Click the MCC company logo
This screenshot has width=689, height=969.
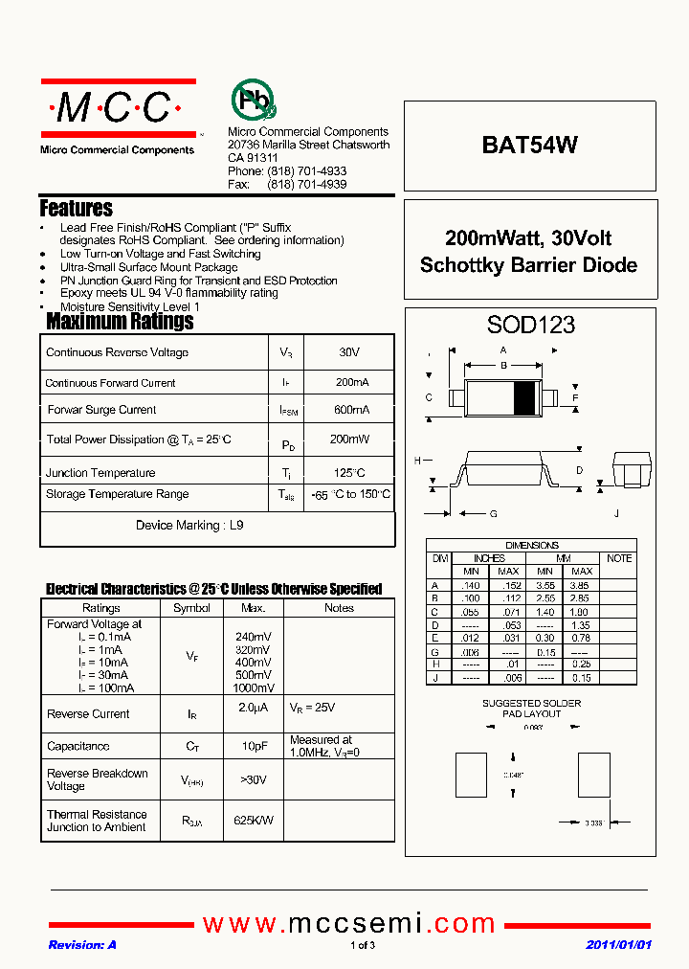pos(118,108)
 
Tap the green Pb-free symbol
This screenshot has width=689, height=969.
pos(253,100)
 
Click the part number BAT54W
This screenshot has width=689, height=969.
pos(529,146)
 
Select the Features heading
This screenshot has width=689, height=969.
pos(76,208)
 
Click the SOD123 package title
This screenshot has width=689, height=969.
pos(530,325)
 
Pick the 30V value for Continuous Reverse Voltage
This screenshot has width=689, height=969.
pos(348,352)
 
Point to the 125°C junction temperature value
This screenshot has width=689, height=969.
pos(350,473)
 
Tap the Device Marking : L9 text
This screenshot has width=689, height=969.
pos(189,526)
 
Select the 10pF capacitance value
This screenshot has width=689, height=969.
pos(255,746)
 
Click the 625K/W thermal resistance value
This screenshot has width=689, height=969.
pos(255,821)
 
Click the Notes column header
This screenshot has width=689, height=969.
pos(339,608)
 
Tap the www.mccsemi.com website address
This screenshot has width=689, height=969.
pos(349,923)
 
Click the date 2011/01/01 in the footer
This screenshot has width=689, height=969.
pos(618,945)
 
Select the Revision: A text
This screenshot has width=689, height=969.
pos(82,945)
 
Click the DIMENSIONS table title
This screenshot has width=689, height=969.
pos(532,546)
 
